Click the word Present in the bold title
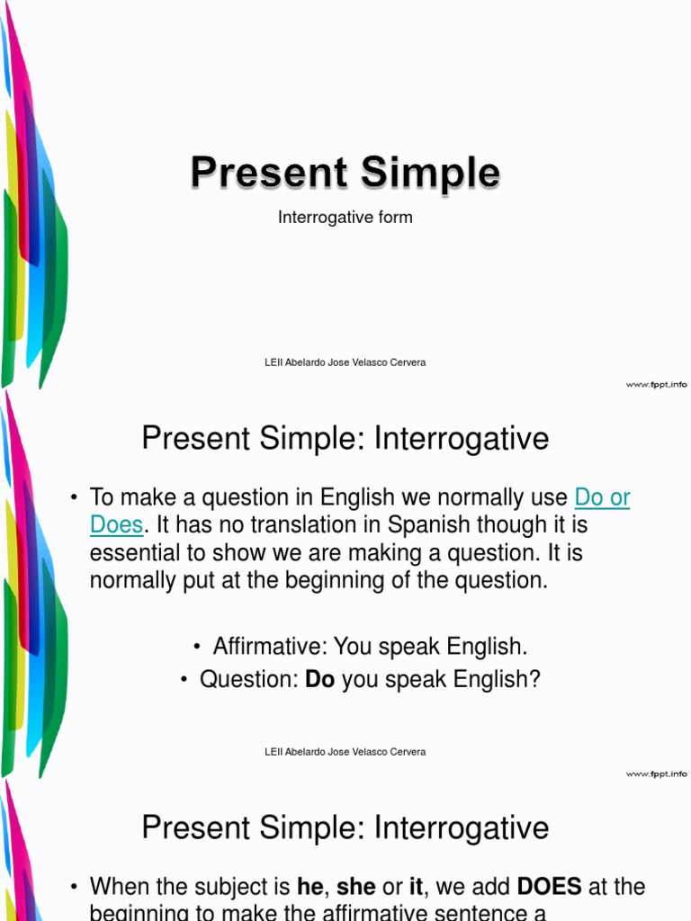268,173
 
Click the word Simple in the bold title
430,173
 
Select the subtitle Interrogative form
345,218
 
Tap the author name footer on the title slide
345,362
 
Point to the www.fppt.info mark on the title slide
656,384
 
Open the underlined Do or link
602,497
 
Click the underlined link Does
116,525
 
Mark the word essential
132,553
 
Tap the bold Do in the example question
319,680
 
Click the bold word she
356,887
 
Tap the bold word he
310,887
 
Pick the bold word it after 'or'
416,887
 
